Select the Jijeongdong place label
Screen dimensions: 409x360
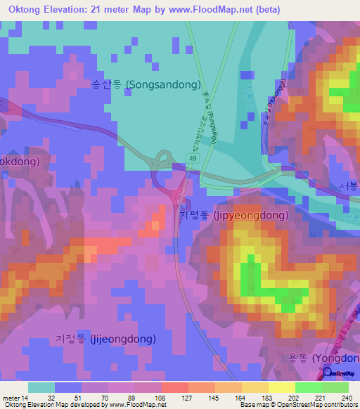(x=105, y=338)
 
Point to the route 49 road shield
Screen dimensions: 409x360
(x=193, y=160)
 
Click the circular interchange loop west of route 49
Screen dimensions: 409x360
(x=164, y=158)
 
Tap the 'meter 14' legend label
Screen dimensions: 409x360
(x=15, y=397)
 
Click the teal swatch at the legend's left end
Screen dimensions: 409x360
(x=41, y=387)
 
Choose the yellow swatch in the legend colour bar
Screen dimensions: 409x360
(x=281, y=387)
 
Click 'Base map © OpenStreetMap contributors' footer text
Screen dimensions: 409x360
(x=295, y=405)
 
